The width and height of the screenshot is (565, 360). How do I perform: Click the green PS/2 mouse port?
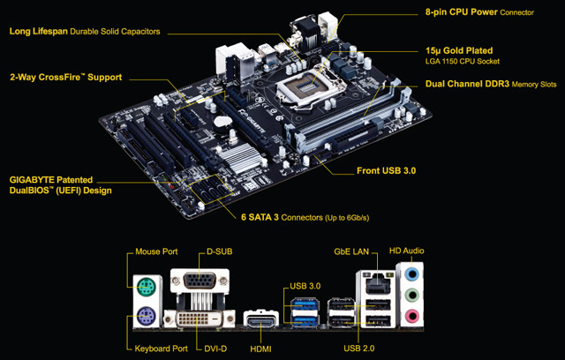click(147, 284)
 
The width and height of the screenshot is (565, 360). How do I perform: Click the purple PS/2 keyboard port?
click(147, 314)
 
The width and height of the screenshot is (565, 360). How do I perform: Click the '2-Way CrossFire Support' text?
click(65, 78)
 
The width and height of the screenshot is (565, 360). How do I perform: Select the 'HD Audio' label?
click(408, 251)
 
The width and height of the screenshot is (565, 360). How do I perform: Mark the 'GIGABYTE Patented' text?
click(50, 179)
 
